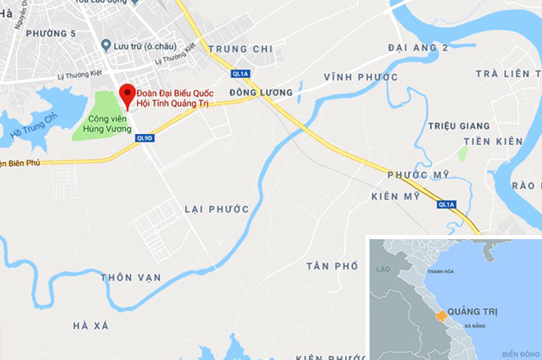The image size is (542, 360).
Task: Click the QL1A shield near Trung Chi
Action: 240,72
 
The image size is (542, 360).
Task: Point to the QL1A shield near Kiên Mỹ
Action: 446,204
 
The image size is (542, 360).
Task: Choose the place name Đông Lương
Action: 255,93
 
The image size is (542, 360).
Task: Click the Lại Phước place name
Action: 216,210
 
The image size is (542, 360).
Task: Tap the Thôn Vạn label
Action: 131,277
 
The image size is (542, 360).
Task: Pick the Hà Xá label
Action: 90,325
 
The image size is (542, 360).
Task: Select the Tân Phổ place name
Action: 333,266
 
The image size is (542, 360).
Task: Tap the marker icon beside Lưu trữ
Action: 106,47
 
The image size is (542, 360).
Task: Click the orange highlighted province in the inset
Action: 440,316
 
